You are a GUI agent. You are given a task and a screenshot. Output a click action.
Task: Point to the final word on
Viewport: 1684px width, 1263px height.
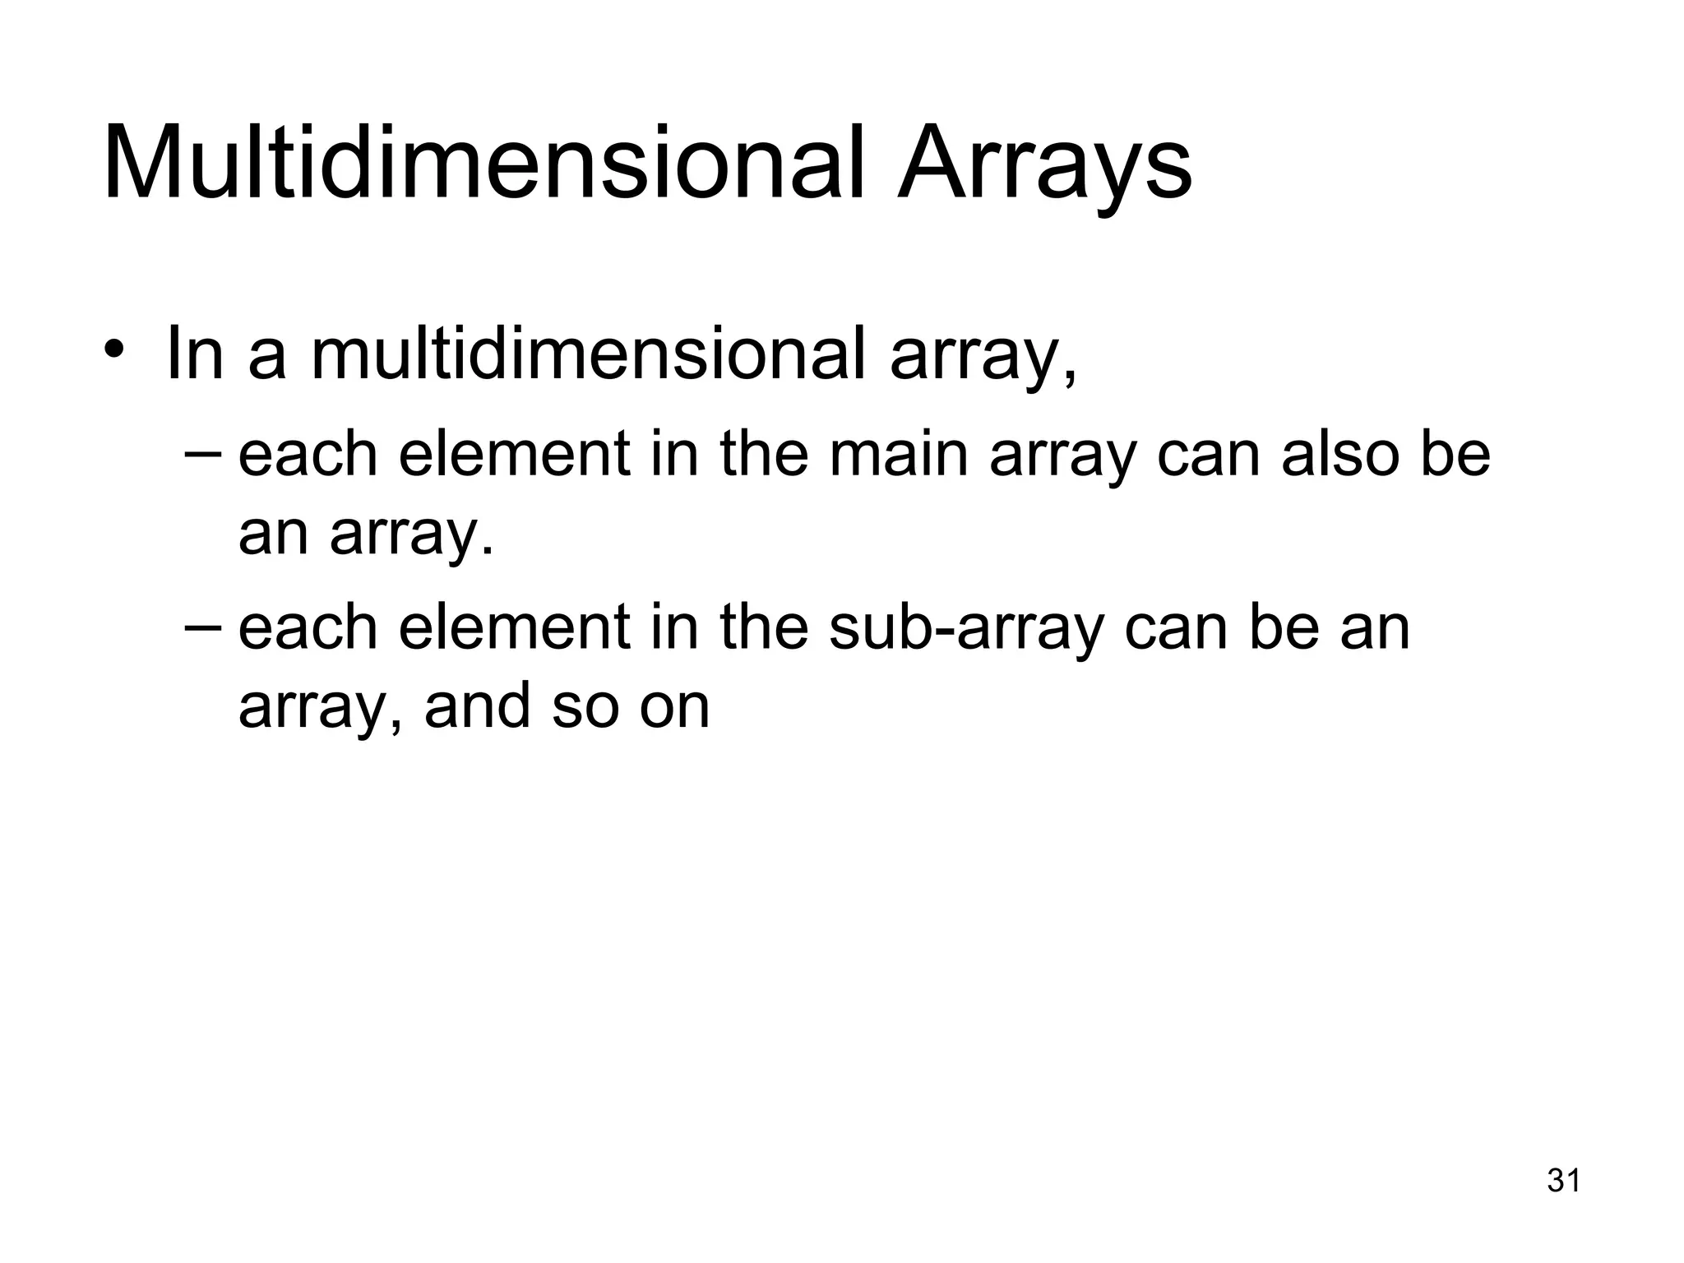(x=674, y=707)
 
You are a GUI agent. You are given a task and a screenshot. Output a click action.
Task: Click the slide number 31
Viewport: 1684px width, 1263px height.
(x=1564, y=1181)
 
